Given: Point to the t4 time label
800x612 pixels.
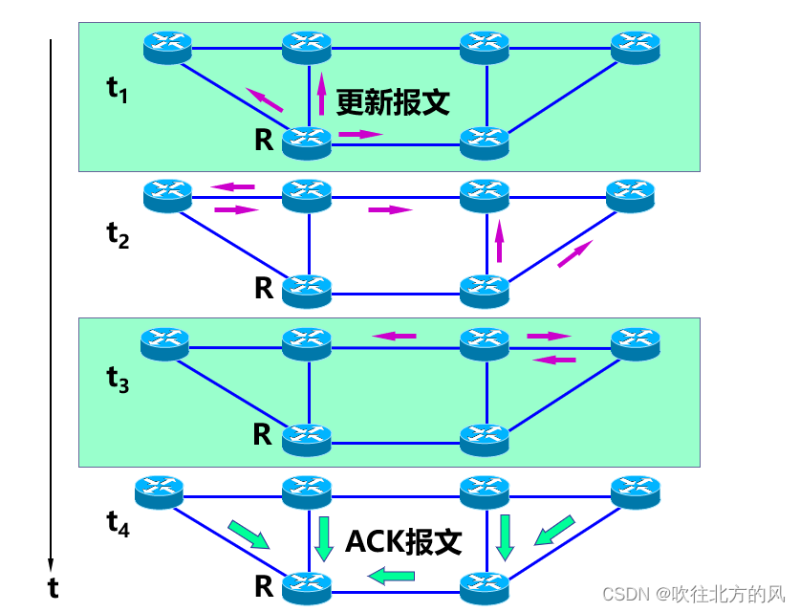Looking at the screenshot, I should click(118, 523).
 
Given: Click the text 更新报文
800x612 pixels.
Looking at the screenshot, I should click(392, 102).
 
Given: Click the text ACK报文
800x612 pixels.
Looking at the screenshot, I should click(403, 542).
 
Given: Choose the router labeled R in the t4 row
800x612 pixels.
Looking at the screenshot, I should click(307, 582).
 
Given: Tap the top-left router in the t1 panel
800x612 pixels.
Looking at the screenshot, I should click(168, 45).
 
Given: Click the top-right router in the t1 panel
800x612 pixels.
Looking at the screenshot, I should click(636, 45).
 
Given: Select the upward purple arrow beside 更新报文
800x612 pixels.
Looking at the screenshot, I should click(321, 92).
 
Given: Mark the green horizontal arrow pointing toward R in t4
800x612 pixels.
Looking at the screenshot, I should click(392, 576).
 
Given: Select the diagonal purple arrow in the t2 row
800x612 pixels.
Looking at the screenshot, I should click(574, 253).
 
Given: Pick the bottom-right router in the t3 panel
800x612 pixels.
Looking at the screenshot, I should click(484, 438).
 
